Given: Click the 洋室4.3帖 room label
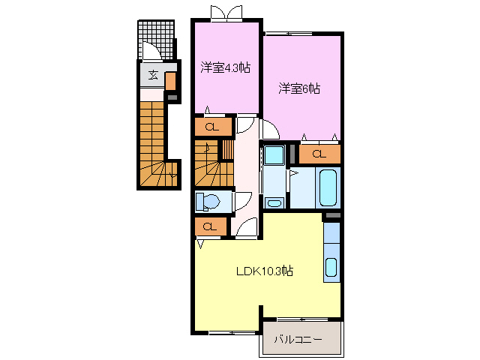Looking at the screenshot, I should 225,67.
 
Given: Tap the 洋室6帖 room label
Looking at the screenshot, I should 300,88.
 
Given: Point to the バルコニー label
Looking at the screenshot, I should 297,340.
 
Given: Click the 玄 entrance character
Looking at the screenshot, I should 152,74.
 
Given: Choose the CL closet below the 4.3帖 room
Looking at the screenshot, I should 213,127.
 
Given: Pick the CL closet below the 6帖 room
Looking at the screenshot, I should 319,154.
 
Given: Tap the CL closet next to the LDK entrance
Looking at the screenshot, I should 211,226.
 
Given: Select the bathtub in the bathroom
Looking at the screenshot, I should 328,188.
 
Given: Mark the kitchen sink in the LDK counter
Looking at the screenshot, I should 331,267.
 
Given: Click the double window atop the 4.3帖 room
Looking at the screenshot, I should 226,13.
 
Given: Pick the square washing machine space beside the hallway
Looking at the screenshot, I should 273,156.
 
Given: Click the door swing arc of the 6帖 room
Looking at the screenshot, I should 269,129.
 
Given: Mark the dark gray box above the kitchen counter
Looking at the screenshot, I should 331,217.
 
